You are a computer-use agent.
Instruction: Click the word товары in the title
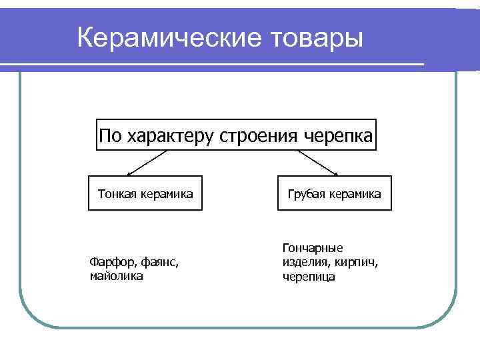coord(315,37)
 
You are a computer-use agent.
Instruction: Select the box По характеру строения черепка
coord(236,135)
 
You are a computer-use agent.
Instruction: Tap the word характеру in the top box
coord(169,137)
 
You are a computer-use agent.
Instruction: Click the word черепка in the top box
coord(339,137)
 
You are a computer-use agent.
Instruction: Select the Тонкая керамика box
coord(145,193)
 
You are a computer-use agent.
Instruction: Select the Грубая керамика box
coord(335,193)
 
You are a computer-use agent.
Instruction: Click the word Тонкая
coord(117,194)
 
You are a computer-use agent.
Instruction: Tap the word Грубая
coord(307,194)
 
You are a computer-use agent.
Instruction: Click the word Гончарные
coord(313,248)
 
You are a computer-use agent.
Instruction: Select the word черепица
coord(309,276)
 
